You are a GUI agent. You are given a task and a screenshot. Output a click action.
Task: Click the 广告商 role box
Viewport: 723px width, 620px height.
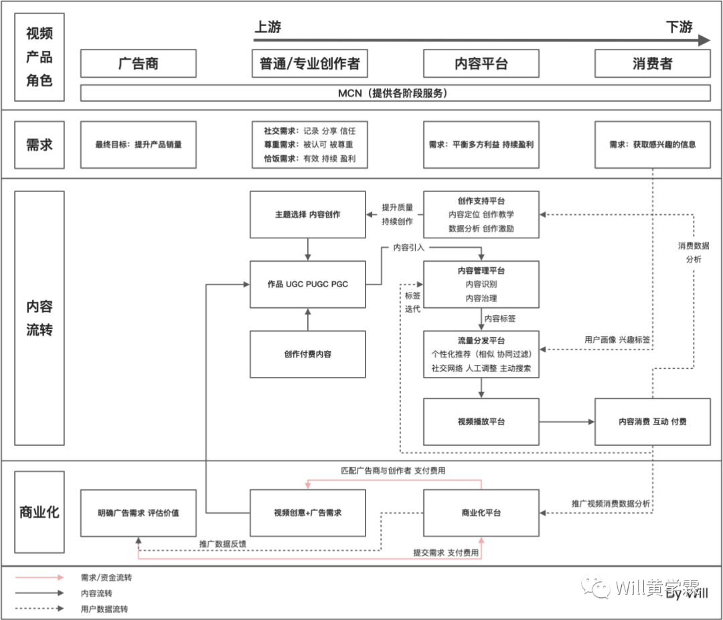tap(138, 64)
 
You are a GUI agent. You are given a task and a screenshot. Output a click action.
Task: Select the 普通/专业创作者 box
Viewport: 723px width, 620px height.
tap(309, 64)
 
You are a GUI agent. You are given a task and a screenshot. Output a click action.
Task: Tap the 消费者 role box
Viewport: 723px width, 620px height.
tap(652, 64)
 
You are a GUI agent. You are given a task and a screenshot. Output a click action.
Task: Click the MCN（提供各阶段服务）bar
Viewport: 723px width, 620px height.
tap(395, 93)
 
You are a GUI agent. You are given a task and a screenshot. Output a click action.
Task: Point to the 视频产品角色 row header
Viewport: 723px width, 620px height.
tap(39, 57)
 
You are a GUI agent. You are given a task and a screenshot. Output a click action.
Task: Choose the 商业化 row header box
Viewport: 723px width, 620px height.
tap(39, 512)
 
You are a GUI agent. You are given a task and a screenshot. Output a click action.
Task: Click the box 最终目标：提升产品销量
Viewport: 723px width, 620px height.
tap(138, 144)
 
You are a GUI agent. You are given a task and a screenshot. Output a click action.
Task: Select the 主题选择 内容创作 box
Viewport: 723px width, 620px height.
tap(307, 214)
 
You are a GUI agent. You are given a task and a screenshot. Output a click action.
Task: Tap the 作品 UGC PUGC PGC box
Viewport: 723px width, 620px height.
tap(307, 284)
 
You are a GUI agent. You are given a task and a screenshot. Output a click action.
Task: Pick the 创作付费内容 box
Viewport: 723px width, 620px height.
tap(307, 354)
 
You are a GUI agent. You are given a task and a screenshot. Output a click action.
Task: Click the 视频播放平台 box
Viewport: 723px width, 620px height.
tap(481, 422)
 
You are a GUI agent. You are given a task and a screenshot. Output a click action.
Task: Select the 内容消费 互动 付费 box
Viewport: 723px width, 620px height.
tap(652, 422)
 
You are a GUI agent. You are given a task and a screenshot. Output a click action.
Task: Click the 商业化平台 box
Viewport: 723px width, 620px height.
tap(481, 513)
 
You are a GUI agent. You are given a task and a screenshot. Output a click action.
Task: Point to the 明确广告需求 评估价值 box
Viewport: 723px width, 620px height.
tap(138, 513)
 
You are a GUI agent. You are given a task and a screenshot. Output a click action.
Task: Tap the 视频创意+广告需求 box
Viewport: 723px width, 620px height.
tap(307, 513)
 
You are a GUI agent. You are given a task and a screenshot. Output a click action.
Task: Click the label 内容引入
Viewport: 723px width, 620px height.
tap(409, 248)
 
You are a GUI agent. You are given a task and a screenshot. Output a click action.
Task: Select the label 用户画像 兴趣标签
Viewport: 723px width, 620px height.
tap(617, 339)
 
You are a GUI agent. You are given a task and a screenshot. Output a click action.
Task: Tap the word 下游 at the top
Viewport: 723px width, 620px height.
tap(679, 27)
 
